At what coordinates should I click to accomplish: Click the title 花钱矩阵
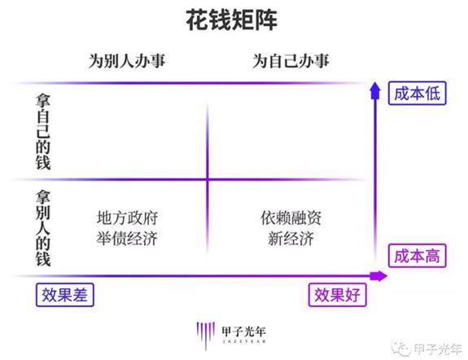232,20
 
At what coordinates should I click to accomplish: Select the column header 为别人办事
127,61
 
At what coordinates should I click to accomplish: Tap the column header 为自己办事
291,61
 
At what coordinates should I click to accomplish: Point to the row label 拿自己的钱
43,132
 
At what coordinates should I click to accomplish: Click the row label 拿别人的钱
43,228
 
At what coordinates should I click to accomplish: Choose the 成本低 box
418,93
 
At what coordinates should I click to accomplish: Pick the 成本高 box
418,256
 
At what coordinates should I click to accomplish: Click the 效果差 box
65,295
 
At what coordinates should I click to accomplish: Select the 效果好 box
337,295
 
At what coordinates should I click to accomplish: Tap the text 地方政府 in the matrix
127,217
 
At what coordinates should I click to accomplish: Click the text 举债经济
127,239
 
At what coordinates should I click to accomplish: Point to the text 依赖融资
291,217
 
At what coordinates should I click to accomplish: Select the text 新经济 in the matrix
291,239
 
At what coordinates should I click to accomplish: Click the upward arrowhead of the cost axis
375,91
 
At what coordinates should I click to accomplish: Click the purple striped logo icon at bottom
206,336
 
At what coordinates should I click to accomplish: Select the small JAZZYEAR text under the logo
244,341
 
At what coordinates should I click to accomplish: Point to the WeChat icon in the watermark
400,349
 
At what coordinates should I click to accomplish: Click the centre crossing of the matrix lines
208,179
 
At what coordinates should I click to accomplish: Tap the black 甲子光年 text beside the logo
244,331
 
